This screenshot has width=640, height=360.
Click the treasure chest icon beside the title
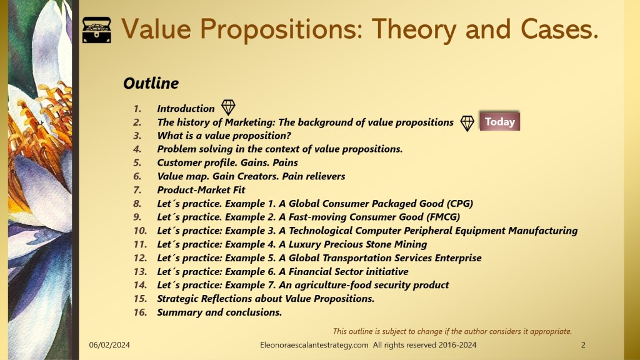click(97, 30)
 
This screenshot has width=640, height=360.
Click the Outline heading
click(151, 83)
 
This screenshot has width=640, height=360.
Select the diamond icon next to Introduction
click(228, 107)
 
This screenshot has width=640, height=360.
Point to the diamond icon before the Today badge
click(467, 123)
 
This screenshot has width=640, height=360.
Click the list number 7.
click(137, 190)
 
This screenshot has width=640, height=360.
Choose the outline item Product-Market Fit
click(201, 190)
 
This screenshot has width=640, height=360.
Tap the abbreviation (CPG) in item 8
click(459, 203)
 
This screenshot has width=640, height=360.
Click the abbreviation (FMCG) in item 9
click(443, 217)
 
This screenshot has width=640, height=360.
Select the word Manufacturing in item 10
click(543, 231)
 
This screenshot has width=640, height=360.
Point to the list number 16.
click(140, 312)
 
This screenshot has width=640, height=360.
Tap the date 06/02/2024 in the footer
click(109, 345)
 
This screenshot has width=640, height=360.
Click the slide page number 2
click(583, 345)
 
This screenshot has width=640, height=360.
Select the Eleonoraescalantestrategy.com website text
click(314, 345)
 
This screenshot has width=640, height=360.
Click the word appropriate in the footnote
click(551, 331)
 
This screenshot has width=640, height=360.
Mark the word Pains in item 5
click(285, 162)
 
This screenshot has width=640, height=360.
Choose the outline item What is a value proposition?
click(224, 136)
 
